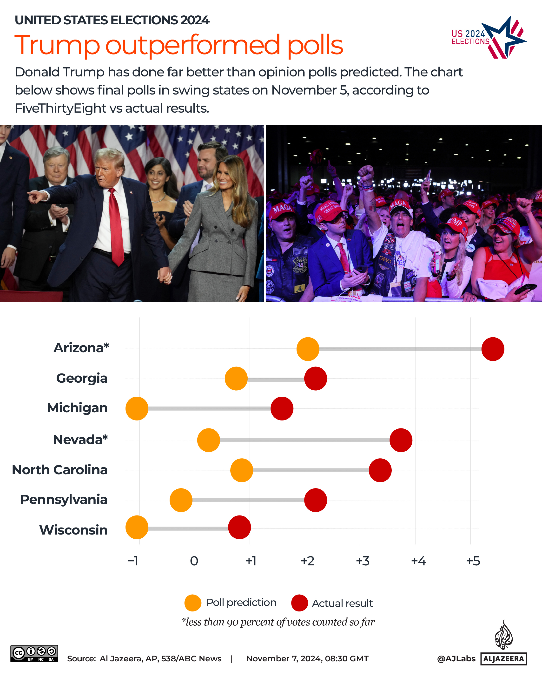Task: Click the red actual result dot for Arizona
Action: [x=492, y=349]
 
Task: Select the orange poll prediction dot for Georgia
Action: [x=236, y=379]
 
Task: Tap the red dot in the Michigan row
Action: [x=282, y=408]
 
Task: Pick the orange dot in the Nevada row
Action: [x=208, y=440]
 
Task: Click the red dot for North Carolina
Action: [x=380, y=470]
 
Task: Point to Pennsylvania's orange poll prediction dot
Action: [x=181, y=500]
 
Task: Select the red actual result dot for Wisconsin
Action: [x=239, y=527]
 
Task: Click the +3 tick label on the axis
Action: [x=362, y=561]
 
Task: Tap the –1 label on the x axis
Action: [x=133, y=561]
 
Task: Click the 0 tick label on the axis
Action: [x=194, y=561]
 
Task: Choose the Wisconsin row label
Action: [x=73, y=530]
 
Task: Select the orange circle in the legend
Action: [x=193, y=603]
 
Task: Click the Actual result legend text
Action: [x=342, y=603]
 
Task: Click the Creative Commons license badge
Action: [x=34, y=653]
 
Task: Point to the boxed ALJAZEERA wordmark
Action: [x=503, y=659]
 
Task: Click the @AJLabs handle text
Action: [x=456, y=658]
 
